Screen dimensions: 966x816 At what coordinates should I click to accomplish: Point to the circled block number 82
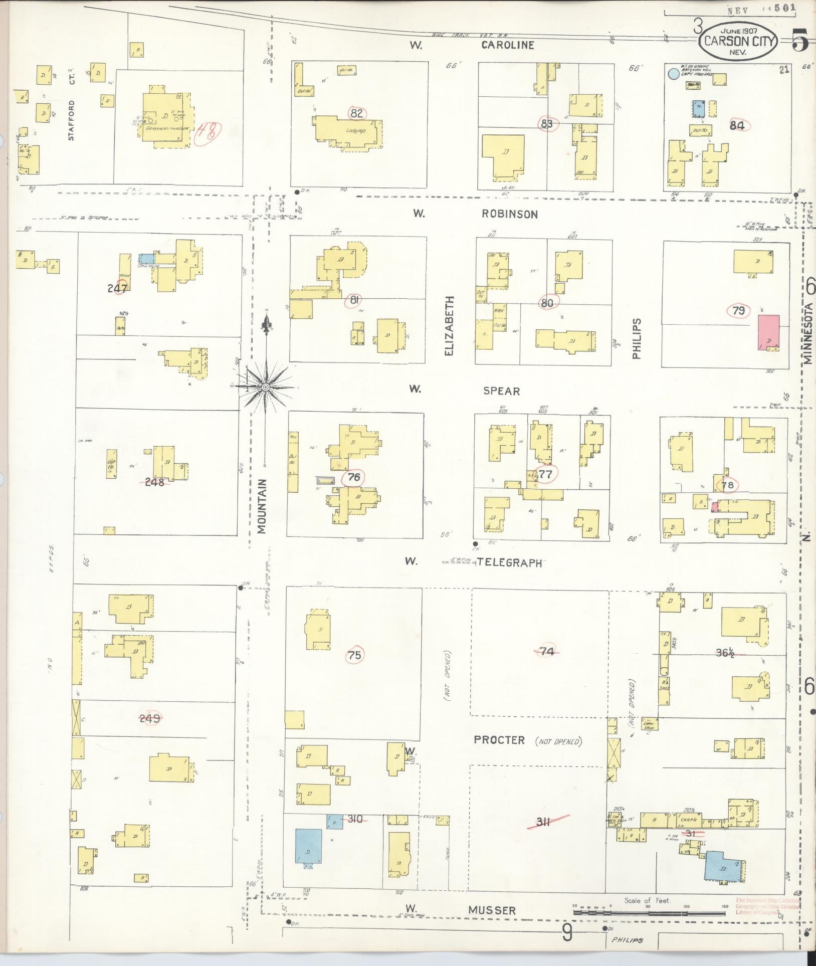[x=357, y=113]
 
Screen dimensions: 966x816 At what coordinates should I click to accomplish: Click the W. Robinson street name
[x=509, y=214]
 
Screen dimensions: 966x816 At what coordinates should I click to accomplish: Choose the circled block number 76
[x=354, y=477]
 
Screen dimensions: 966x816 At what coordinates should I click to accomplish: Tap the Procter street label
[x=499, y=740]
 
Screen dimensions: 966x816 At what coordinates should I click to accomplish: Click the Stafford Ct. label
[x=71, y=120]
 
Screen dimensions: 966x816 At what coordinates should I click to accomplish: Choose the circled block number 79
[x=738, y=311]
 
